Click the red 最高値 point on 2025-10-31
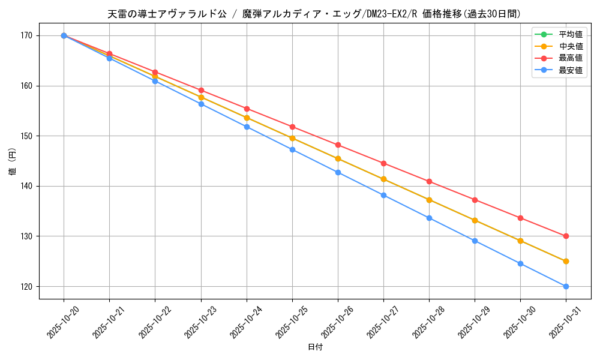click(x=566, y=236)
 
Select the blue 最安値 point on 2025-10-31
click(x=566, y=286)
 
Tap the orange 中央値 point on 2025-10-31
click(x=566, y=261)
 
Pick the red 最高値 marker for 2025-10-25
click(x=292, y=127)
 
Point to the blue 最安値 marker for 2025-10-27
click(x=383, y=195)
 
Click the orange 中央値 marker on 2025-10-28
click(x=429, y=200)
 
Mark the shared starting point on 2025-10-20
click(x=64, y=35)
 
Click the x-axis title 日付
click(x=315, y=347)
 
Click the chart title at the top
click(x=314, y=14)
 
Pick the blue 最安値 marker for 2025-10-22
click(x=155, y=81)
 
